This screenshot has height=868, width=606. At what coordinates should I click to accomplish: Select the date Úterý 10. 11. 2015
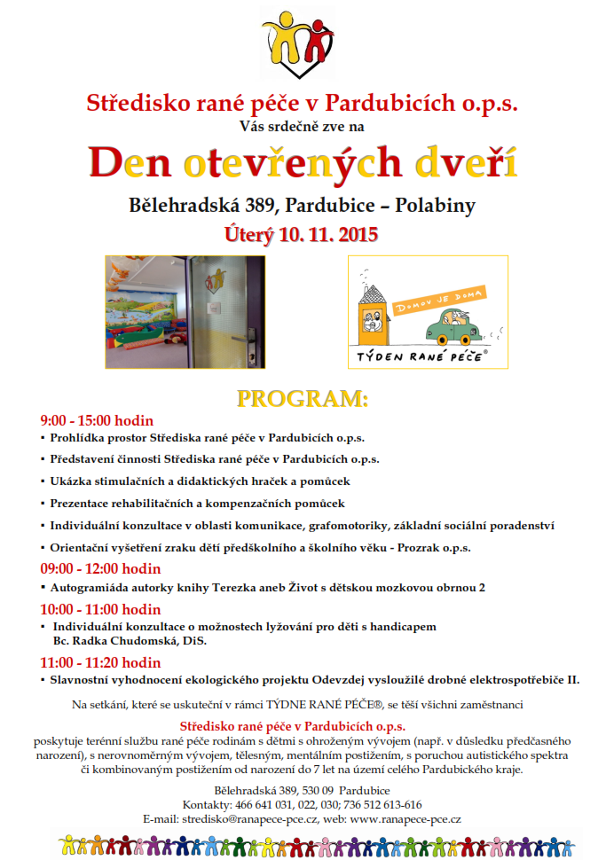point(303,235)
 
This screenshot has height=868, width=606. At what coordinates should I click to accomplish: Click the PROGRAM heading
point(303,396)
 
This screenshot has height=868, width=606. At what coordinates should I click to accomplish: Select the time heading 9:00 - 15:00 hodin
point(97,420)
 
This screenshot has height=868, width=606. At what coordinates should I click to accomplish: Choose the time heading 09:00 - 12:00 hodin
point(100,569)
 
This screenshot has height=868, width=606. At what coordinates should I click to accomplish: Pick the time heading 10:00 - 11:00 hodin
point(100,609)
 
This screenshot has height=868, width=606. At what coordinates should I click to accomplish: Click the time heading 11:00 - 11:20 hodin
point(100,662)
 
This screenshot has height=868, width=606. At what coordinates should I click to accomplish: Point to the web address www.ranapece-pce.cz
point(405,819)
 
